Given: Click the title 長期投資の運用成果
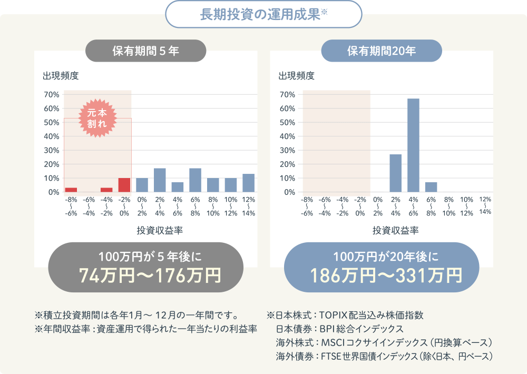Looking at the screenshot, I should pyautogui.click(x=260, y=14).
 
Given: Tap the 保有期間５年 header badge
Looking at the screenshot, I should pyautogui.click(x=146, y=51).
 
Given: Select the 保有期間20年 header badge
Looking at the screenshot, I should pyautogui.click(x=382, y=51).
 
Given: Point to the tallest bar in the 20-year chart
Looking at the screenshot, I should pyautogui.click(x=413, y=145).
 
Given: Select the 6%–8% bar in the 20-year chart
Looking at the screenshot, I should pyautogui.click(x=431, y=187).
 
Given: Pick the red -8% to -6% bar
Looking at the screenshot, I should pyautogui.click(x=71, y=190).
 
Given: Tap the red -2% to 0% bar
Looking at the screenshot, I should pyautogui.click(x=124, y=185).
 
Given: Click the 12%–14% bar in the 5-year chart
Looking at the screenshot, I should pyautogui.click(x=248, y=183).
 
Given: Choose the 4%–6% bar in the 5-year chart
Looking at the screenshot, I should pyautogui.click(x=178, y=187).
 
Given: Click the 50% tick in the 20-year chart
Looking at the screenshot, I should pyautogui.click(x=288, y=123).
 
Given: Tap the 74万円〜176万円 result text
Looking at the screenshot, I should pyautogui.click(x=145, y=275).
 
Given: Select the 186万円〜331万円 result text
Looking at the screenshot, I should pyautogui.click(x=382, y=275).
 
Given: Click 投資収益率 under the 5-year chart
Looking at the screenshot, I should pyautogui.click(x=160, y=230).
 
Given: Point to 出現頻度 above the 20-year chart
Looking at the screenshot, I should pyautogui.click(x=296, y=75).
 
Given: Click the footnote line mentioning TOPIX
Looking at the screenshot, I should pyautogui.click(x=345, y=316).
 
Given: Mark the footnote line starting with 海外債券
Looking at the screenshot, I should pyautogui.click(x=384, y=357).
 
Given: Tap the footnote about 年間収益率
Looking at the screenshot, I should pyautogui.click(x=145, y=329).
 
